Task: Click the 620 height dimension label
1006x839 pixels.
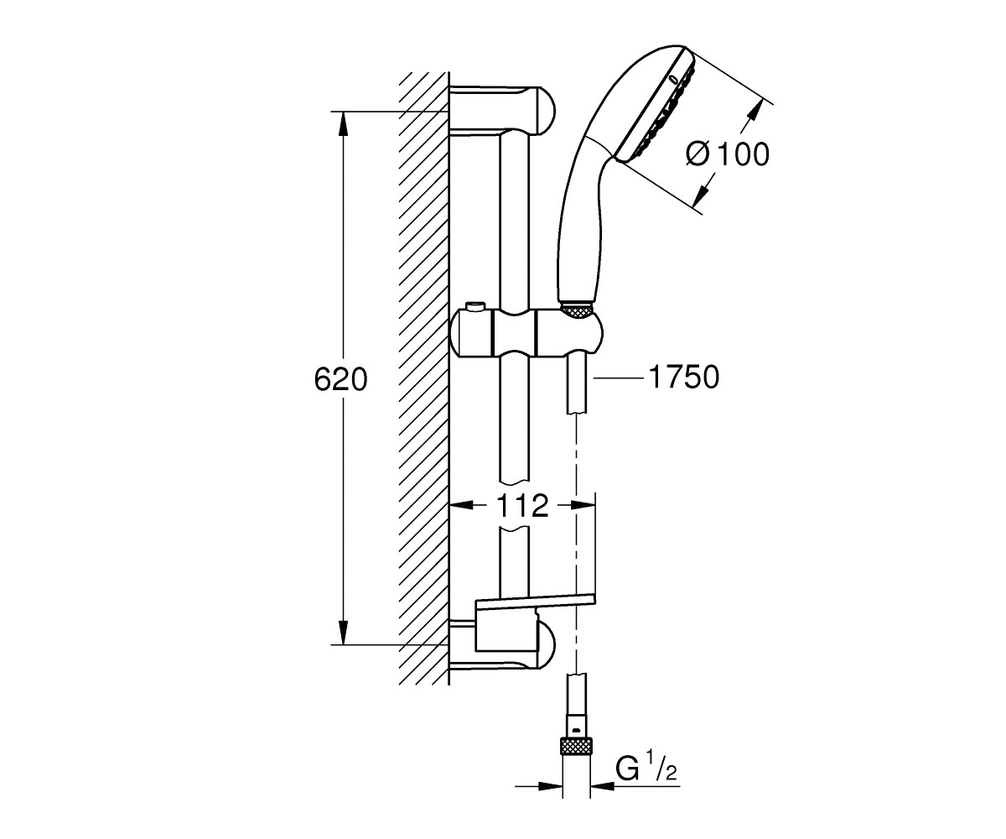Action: [x=340, y=379]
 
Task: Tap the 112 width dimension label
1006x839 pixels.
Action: [x=521, y=505]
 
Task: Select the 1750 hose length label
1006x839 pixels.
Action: [x=683, y=378]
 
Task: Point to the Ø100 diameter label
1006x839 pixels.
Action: [x=727, y=154]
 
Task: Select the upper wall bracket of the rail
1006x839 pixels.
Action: [x=503, y=109]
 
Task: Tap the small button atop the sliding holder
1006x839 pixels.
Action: [x=476, y=305]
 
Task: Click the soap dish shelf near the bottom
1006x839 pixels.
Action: [x=535, y=601]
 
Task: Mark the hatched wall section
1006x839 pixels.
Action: [x=423, y=378]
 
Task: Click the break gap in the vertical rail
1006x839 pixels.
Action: [x=513, y=506]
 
